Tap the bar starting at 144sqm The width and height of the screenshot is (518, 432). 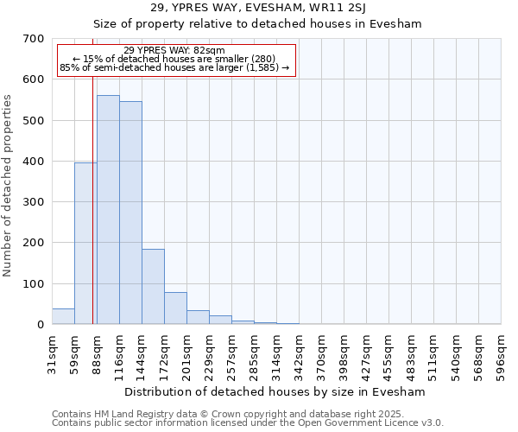coord(153,287)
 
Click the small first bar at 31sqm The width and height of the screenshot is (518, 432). coord(63,316)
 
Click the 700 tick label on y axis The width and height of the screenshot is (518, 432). coord(34,39)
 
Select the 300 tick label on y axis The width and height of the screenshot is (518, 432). coord(34,202)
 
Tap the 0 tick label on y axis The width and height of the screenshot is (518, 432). coord(40,325)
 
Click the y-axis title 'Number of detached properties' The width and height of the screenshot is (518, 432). coord(9,186)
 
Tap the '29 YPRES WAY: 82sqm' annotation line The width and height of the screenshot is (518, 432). coord(174,50)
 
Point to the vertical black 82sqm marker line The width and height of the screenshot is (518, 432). coord(92,199)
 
